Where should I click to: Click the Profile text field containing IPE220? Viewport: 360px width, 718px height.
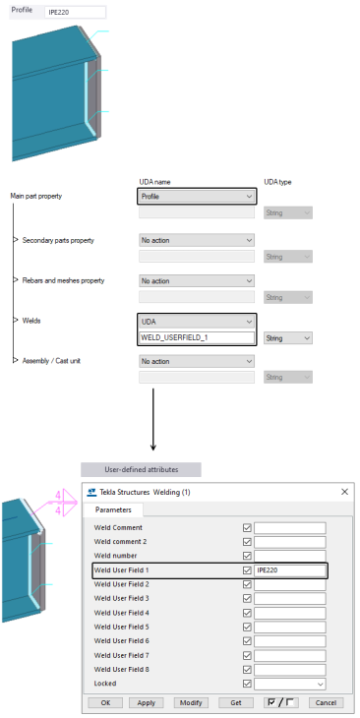[76, 13]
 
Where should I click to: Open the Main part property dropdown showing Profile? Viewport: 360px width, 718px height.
[197, 197]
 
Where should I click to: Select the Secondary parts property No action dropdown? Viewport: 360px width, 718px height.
[197, 239]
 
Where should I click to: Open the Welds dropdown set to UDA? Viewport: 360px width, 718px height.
[197, 322]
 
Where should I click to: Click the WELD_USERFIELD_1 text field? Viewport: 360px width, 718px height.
[197, 337]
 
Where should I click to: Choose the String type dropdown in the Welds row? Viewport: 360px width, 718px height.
[288, 337]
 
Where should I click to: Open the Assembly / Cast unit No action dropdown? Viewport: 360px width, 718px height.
[197, 361]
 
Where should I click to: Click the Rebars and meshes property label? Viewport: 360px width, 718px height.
[63, 280]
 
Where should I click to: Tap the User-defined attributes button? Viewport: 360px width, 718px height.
[142, 470]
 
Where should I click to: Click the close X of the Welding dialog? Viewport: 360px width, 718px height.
[343, 491]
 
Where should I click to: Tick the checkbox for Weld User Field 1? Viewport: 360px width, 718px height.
[247, 569]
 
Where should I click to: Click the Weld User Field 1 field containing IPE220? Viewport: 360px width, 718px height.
[289, 569]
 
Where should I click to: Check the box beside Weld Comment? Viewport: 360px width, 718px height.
[247, 527]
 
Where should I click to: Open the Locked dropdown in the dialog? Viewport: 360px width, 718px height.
[289, 683]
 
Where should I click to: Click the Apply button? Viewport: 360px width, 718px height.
[147, 703]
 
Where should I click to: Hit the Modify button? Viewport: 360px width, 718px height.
[191, 703]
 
